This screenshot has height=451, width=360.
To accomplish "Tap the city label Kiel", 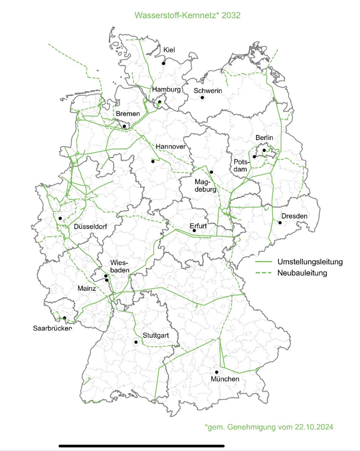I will [169, 50].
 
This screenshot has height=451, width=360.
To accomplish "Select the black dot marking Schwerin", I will [202, 97].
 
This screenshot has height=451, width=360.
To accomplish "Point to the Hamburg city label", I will [167, 89].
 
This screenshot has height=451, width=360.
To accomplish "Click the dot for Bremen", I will [125, 126].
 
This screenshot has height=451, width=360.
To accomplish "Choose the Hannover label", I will [170, 146].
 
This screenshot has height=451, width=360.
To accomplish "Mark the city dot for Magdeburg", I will [211, 172].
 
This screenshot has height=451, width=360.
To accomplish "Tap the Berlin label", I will [264, 138].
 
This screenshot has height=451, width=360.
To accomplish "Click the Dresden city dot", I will [280, 222].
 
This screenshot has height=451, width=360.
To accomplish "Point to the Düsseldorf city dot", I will [60, 218].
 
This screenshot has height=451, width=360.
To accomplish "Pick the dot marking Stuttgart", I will [135, 342].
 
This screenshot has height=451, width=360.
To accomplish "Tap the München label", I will [225, 379].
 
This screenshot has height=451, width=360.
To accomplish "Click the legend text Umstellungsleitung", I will [310, 262].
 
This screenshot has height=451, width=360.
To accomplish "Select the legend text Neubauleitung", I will [302, 272].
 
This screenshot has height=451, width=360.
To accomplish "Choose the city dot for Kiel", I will [164, 64].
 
